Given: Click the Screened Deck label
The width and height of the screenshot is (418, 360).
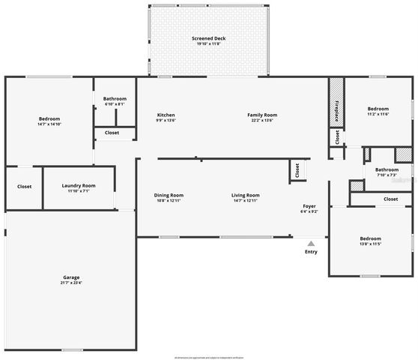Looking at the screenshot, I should tap(208, 38).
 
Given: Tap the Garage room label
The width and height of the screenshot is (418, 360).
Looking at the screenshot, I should tap(71, 277).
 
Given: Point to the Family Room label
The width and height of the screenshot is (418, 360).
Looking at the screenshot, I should tap(262, 114).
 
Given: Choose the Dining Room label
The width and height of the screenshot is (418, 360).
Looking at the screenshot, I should tap(169, 195).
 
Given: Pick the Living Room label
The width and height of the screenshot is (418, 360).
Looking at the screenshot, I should tap(246, 195).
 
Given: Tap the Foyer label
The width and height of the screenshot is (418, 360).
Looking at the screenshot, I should tap(309, 205).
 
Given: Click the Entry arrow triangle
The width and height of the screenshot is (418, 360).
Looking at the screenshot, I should tap(311, 242).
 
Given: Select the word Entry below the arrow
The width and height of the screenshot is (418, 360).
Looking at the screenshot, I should tap(311, 252).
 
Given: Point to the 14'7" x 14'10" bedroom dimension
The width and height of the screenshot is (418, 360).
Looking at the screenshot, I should tap(49, 124).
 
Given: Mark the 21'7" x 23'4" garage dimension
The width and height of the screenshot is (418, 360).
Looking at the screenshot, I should tap(71, 283).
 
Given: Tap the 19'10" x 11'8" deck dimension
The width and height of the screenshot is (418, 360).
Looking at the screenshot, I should tap(208, 44).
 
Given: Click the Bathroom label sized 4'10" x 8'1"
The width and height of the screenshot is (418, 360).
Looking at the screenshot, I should tap(115, 99).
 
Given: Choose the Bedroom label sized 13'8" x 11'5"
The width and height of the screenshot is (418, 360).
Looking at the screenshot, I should tap(370, 238).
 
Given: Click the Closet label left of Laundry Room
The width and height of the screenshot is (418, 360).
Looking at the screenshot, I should tap(24, 187).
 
